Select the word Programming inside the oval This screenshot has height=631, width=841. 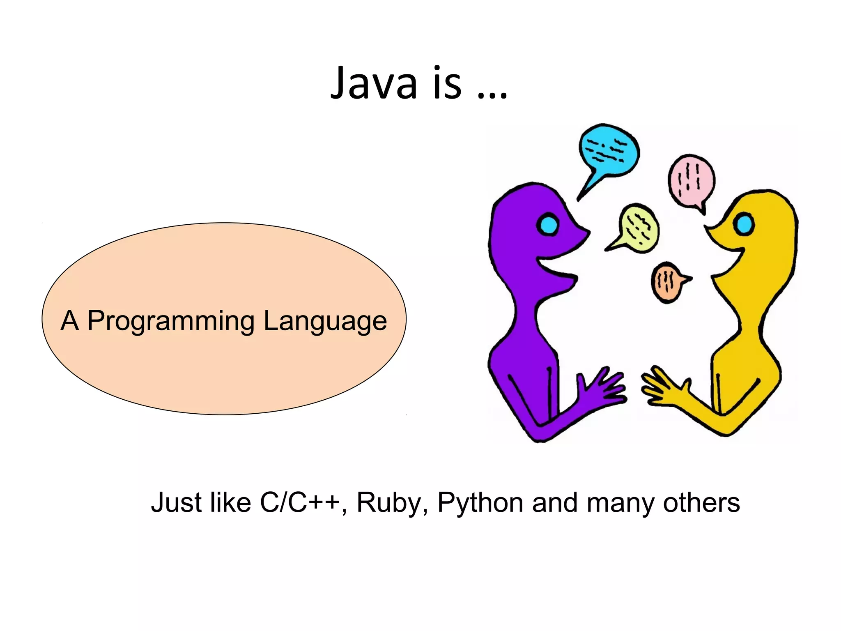pyautogui.click(x=171, y=321)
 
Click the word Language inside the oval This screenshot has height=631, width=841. pyautogui.click(x=325, y=321)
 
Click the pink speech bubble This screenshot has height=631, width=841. pyautogui.click(x=691, y=180)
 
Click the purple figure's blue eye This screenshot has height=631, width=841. pyautogui.click(x=548, y=224)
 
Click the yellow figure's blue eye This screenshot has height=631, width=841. pyautogui.click(x=744, y=224)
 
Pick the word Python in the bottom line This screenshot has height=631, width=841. pyautogui.click(x=480, y=502)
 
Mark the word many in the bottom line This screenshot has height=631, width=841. pyautogui.click(x=620, y=502)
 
